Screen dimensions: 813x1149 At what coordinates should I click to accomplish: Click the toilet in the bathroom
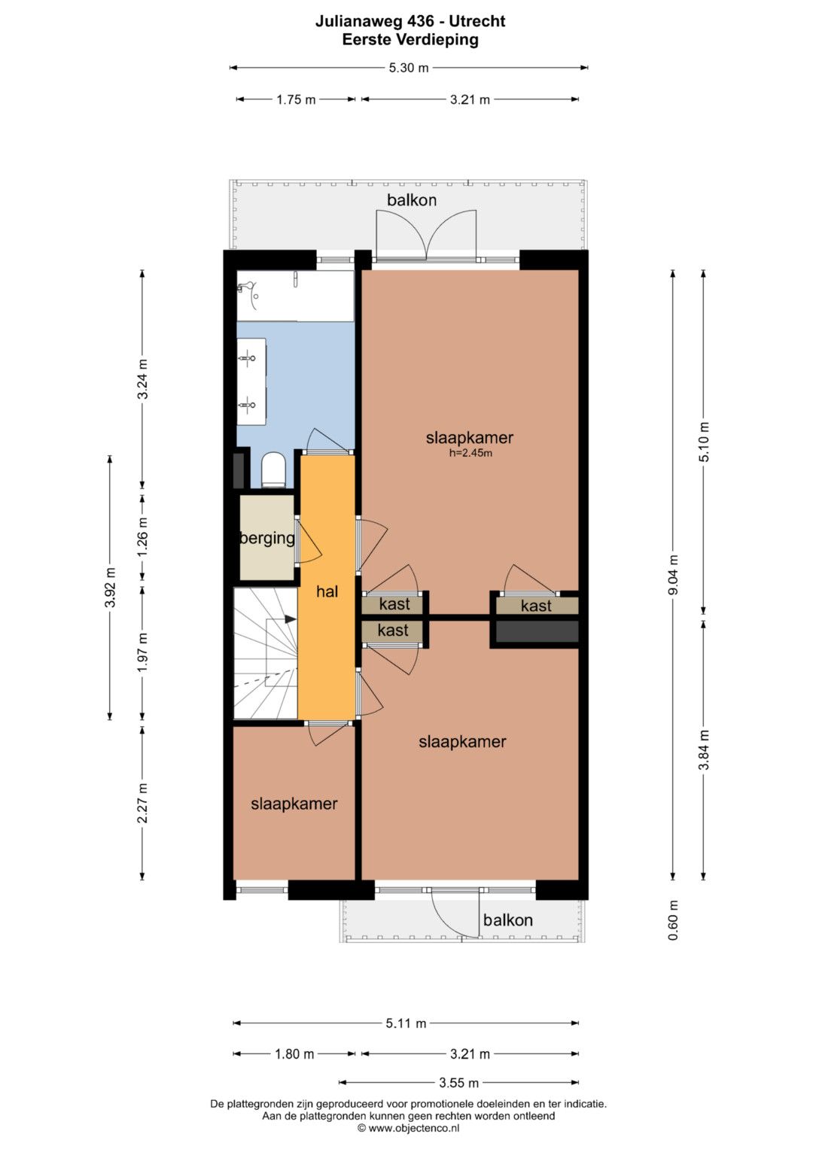pos(273,470)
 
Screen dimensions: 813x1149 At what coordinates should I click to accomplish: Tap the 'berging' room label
pos(267,538)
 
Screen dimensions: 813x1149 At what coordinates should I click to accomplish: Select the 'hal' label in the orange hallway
pos(327,591)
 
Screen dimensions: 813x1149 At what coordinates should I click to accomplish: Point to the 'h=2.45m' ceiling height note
pos(470,453)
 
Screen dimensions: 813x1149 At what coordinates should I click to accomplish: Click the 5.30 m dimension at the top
pos(409,68)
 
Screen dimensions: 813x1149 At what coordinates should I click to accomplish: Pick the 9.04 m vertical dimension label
pos(674,575)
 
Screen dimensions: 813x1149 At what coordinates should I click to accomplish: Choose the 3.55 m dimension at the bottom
pos(459,1083)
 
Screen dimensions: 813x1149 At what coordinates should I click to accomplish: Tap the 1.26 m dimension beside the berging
pos(143,537)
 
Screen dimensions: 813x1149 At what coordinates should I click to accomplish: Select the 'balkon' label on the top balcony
pos(412,200)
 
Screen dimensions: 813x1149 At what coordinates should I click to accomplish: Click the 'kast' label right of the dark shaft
pos(536,606)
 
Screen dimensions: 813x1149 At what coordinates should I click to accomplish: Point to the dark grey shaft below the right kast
pos(537,631)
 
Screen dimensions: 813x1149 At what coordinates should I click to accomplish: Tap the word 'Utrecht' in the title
pos(477,21)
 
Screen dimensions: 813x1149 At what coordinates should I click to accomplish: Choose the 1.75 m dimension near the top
pos(296,99)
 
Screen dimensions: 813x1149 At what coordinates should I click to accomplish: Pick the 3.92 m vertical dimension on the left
pos(110,588)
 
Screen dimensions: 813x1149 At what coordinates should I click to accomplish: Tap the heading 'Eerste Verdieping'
pos(410,39)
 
